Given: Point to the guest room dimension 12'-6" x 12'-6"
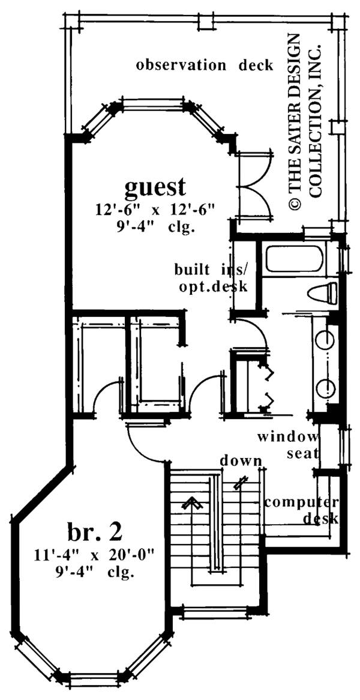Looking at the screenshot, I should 154,210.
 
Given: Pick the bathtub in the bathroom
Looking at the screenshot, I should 294,259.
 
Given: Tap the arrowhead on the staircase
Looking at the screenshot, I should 191,502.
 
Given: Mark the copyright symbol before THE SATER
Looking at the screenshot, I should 295,204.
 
